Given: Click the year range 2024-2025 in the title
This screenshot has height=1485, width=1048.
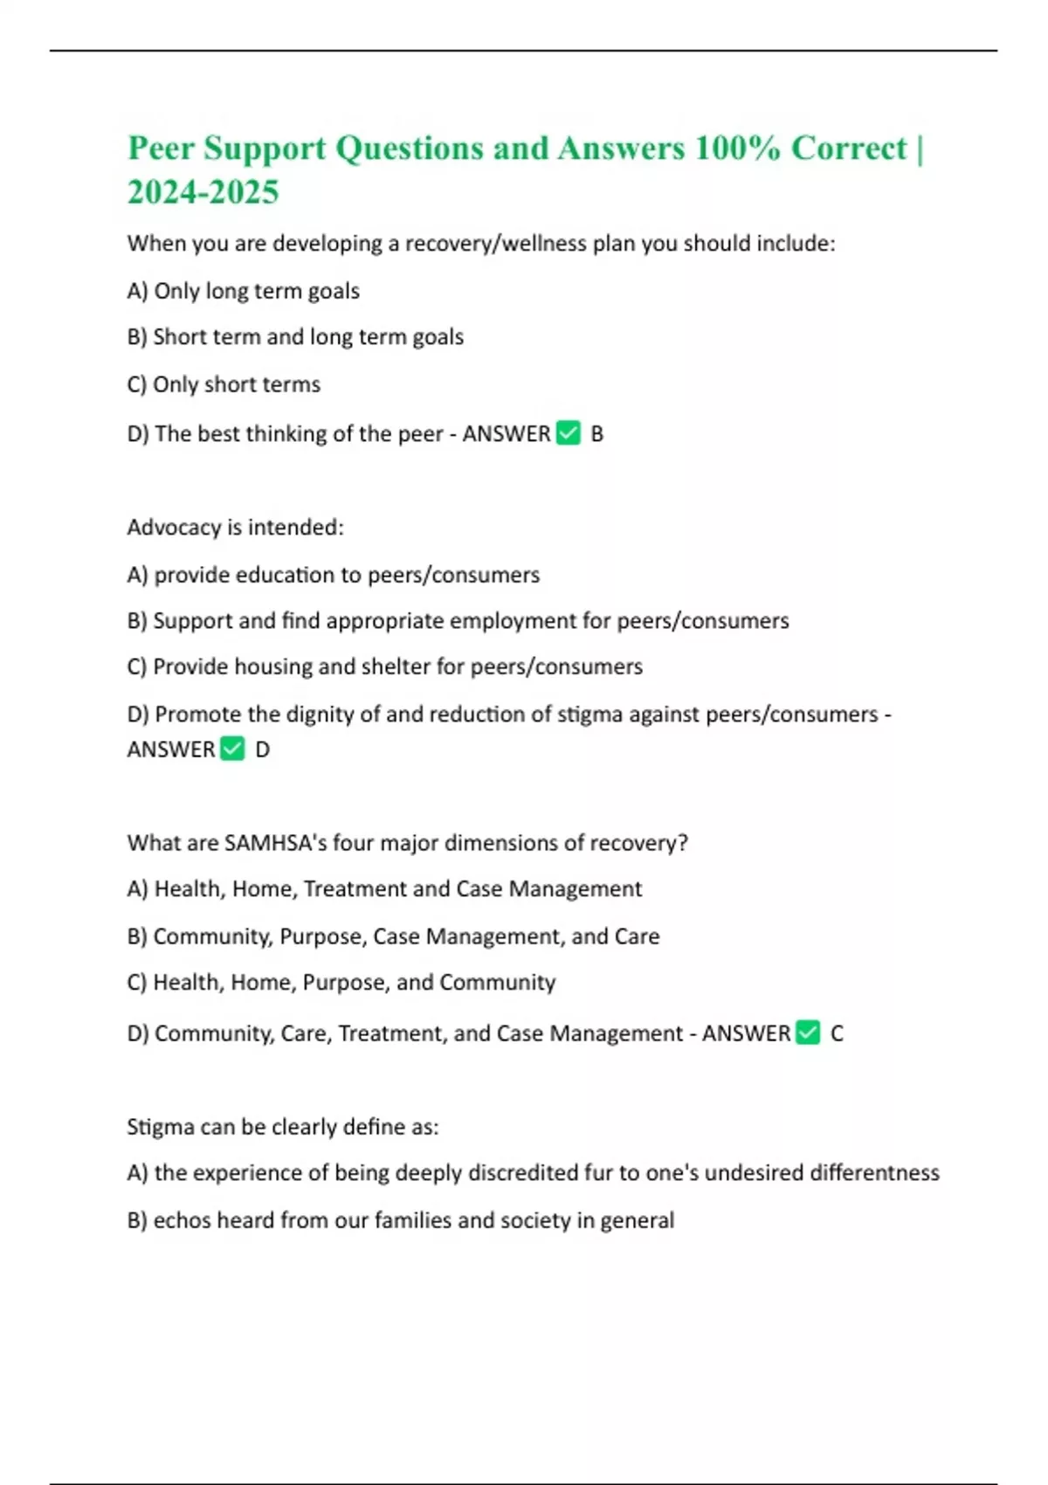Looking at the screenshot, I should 203,192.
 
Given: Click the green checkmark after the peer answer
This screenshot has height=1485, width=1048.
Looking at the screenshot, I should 568,433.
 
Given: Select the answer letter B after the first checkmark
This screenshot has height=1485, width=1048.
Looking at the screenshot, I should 597,434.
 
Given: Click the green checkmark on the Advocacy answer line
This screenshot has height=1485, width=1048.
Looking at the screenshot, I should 232,749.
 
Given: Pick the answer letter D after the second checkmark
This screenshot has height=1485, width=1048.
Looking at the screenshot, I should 262,749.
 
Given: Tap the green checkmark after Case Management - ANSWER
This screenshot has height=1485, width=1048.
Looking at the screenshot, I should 809,1033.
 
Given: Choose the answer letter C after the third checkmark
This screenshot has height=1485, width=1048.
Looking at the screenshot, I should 837,1033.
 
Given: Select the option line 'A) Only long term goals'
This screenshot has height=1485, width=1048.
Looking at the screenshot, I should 243,291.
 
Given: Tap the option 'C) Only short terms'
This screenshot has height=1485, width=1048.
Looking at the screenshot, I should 224,384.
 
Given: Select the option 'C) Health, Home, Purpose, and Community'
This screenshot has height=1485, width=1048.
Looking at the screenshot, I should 341,983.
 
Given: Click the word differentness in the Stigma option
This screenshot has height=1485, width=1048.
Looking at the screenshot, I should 874,1172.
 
